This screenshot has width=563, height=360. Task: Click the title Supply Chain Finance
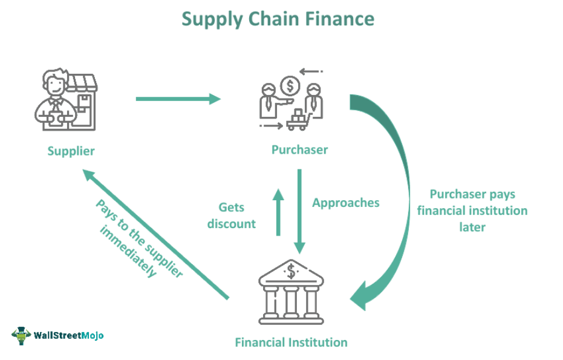pos(278,19)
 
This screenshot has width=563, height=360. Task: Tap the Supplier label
pos(71,151)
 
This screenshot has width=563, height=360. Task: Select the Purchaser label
pos(299,150)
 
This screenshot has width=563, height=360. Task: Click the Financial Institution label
pos(291,342)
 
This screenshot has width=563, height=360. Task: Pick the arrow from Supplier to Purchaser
pos(178,99)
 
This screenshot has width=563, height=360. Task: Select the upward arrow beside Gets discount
pos(278,212)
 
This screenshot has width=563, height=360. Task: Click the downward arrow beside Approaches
pos(299,212)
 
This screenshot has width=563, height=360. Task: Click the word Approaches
pos(346,203)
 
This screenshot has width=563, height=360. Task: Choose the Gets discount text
pos(232,215)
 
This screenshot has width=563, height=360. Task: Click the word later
pos(472,227)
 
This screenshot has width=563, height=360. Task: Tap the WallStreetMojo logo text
pos(68,335)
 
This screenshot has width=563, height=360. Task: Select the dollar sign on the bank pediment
pos(291,272)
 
